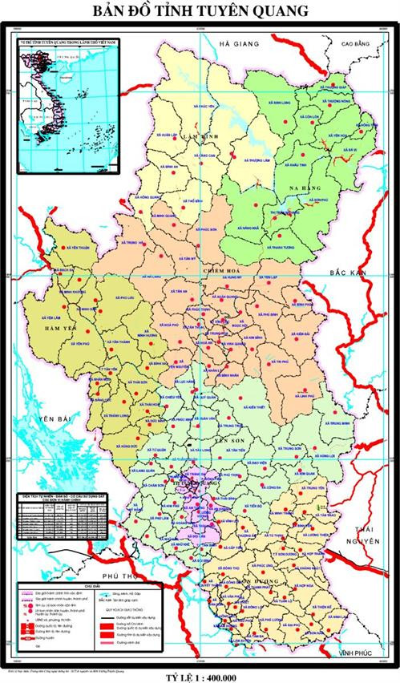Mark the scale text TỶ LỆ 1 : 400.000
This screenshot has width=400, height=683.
point(200,676)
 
